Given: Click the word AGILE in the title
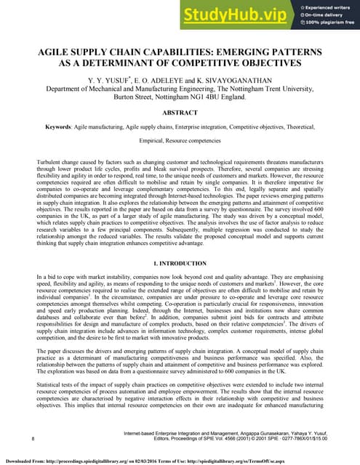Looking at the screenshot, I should coord(55,53).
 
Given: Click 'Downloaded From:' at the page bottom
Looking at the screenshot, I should coord(25,461).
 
